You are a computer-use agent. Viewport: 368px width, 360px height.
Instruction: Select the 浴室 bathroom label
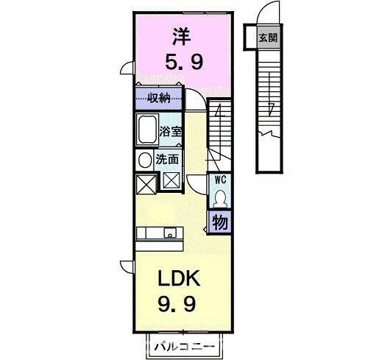tap(170, 133)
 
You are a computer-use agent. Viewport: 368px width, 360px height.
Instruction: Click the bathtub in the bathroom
tap(147, 130)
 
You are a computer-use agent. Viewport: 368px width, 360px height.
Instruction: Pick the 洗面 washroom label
tap(166, 158)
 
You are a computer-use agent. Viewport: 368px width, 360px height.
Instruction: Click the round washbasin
tap(143, 159)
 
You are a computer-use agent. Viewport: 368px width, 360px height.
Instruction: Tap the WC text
tap(219, 179)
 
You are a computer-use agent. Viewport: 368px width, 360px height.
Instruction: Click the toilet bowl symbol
tap(219, 196)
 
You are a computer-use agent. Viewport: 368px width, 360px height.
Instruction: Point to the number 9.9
tap(177, 303)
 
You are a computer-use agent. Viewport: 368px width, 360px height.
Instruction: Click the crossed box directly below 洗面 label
tap(170, 180)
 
